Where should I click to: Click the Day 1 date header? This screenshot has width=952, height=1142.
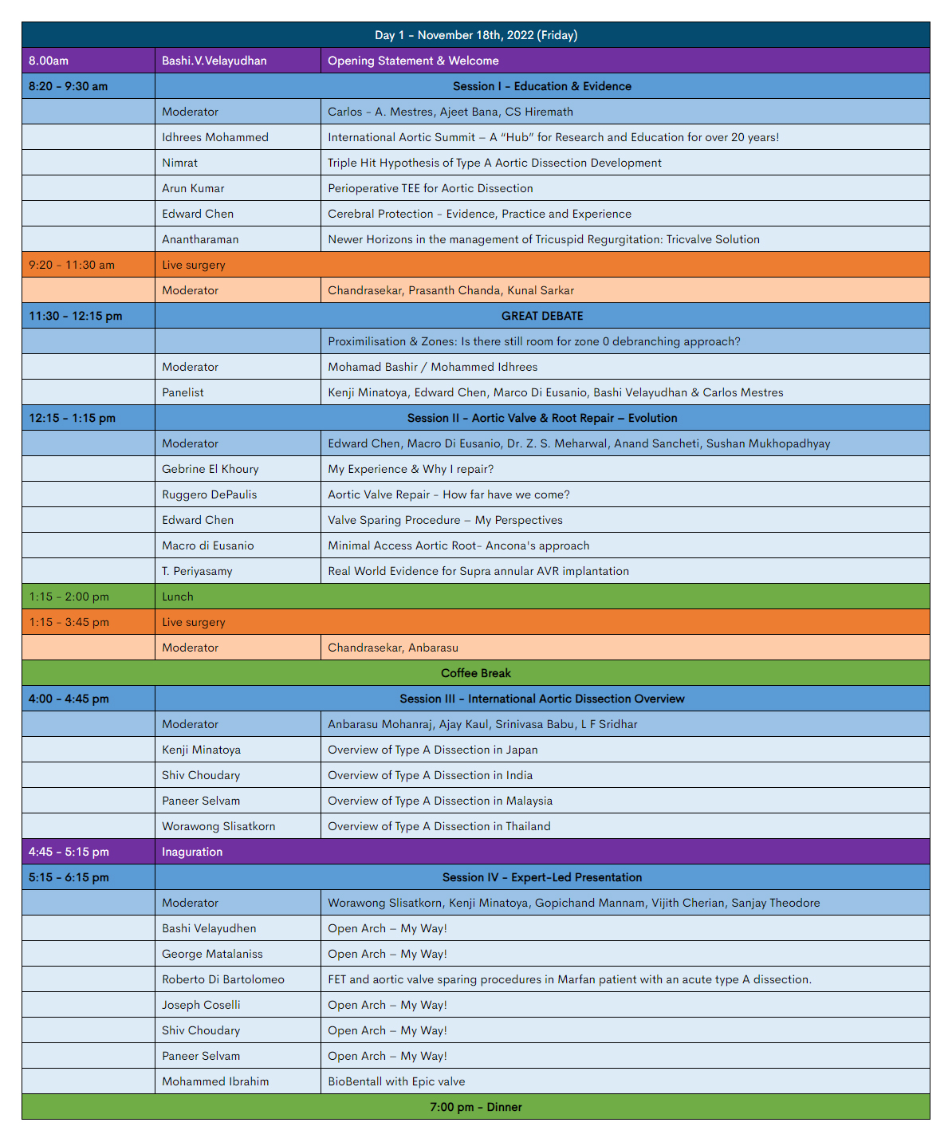[x=476, y=35]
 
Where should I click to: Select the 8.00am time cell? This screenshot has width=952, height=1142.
[x=49, y=61]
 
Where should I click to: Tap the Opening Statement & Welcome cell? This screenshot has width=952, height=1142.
[x=413, y=61]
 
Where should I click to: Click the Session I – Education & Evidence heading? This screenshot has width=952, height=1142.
[x=542, y=86]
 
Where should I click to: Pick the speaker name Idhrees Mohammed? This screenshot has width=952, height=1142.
[x=215, y=137]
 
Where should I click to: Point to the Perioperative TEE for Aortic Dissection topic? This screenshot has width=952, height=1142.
[x=431, y=188]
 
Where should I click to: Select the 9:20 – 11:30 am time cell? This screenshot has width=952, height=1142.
[x=72, y=265]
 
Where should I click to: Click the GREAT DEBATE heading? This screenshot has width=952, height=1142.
[x=542, y=316]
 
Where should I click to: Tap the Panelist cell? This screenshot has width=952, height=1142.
[x=185, y=392]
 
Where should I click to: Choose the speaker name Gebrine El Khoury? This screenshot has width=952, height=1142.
[x=210, y=469]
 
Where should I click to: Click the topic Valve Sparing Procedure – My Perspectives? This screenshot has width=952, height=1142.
[x=445, y=520]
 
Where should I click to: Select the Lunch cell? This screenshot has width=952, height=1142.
[x=178, y=597]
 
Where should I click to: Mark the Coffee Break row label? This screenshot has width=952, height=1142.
[x=476, y=673]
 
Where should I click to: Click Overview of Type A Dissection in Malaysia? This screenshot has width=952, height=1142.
[x=440, y=801]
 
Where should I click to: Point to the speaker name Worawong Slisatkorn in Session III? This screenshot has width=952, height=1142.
[x=218, y=826]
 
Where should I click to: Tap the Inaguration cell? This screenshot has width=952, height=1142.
[x=192, y=852]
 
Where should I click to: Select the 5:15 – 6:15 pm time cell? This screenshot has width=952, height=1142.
[x=69, y=877]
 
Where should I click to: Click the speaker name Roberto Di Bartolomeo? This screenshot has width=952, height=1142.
[x=223, y=979]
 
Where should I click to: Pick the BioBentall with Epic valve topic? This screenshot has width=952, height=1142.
[x=396, y=1081]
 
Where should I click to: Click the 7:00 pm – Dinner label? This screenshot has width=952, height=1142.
[x=476, y=1107]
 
